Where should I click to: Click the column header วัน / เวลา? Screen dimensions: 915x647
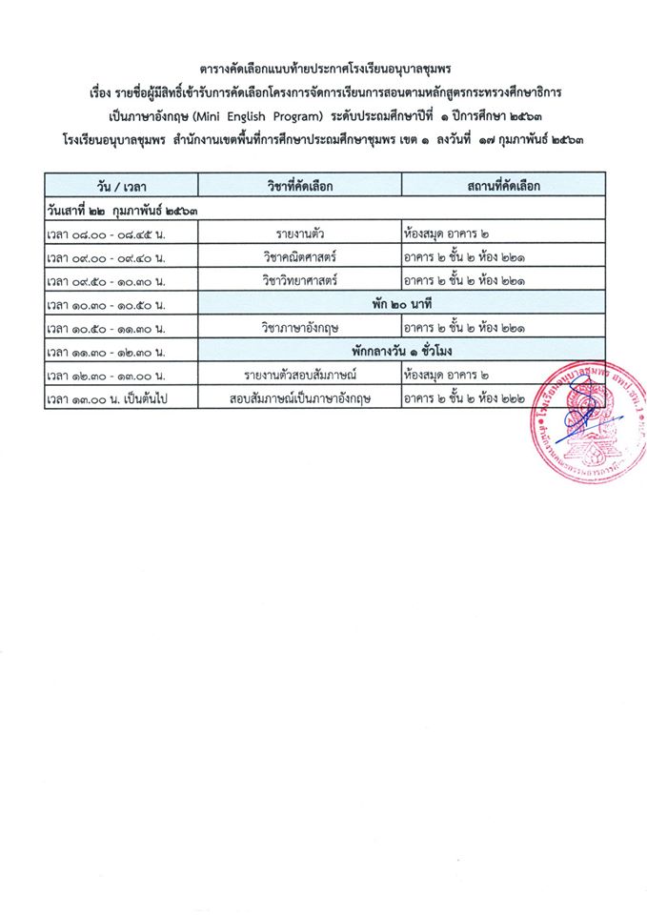click(x=121, y=186)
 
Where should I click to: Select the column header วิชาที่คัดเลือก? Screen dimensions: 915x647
click(x=299, y=186)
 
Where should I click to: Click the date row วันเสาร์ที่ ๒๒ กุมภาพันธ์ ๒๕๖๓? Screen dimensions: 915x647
click(x=122, y=209)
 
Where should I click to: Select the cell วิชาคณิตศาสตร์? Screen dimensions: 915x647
click(x=299, y=256)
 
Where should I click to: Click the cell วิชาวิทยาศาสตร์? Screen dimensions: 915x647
click(x=299, y=280)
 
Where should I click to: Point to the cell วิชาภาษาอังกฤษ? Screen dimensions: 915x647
click(x=299, y=329)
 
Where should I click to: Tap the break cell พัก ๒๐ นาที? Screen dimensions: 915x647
click(x=401, y=304)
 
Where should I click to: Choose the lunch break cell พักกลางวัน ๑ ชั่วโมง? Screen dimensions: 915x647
click(x=401, y=353)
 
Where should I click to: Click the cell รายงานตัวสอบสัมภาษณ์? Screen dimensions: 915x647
click(x=299, y=376)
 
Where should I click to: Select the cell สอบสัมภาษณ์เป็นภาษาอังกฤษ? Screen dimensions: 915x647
click(x=299, y=400)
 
